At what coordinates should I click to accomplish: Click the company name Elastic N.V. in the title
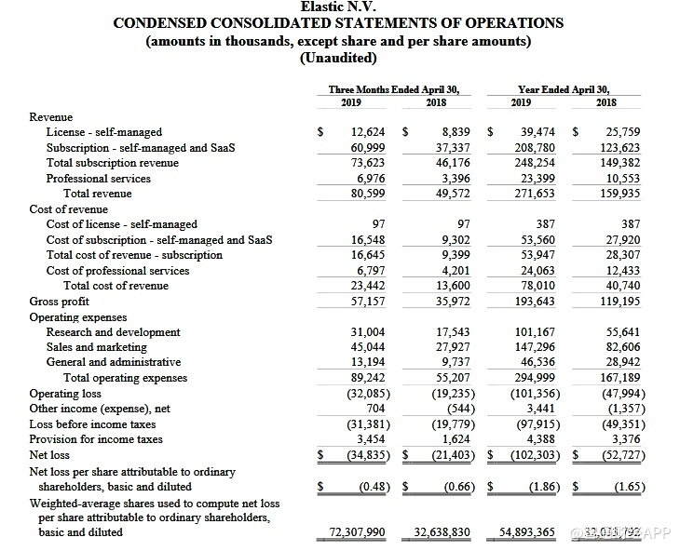point(338,7)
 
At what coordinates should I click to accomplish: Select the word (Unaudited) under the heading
point(338,58)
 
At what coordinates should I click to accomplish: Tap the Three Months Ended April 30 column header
point(394,89)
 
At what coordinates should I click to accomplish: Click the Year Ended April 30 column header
point(567,89)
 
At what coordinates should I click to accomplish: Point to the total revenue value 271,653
point(535,194)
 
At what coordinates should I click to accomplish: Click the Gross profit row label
point(59,302)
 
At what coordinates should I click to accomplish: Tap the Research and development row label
point(113,332)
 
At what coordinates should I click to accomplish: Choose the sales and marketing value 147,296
point(535,347)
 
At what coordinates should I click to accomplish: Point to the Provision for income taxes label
point(96,438)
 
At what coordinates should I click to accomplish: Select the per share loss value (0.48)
point(372,487)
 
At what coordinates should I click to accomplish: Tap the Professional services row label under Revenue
point(98,178)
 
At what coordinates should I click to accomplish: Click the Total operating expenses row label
point(125,378)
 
